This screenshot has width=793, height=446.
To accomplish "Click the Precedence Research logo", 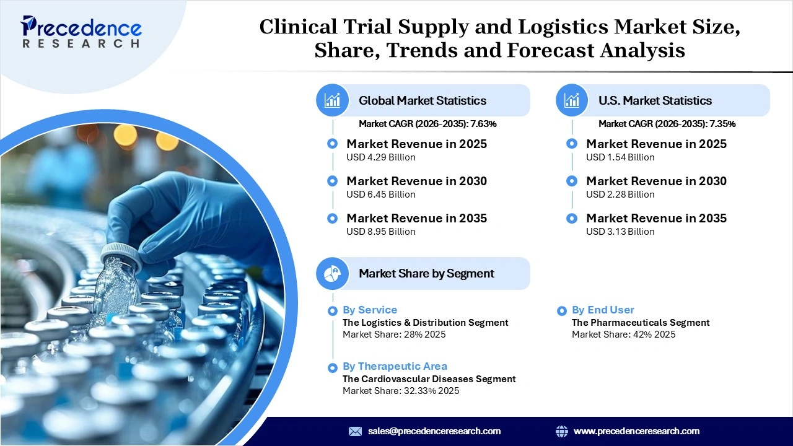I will point(81,31).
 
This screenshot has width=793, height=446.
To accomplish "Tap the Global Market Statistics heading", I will point(422,100).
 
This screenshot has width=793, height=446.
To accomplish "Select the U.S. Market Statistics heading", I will point(655,100).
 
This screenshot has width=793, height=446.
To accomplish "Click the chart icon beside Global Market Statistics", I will point(333,100).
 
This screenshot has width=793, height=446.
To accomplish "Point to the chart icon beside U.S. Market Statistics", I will point(572,100).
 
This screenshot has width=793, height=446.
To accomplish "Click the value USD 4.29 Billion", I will point(380,157).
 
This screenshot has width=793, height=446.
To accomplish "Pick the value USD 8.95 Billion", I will point(380,232).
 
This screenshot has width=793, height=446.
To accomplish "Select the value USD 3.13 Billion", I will point(620,232).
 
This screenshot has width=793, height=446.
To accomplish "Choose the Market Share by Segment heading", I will point(426,273).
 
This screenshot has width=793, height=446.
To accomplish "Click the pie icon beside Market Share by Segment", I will point(333,273).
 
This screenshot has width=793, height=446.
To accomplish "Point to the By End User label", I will point(603,310).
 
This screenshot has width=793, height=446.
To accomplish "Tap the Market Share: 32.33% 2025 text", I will point(401,391).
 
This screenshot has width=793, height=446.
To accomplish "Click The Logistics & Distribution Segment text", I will point(425,323).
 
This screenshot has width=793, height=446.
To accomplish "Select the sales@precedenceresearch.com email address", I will point(434,431).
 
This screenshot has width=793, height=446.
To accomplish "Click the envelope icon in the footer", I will point(355,431).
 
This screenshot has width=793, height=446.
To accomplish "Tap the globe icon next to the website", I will point(562,431).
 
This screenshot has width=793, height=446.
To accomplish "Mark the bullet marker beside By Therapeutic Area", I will point(332,367).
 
